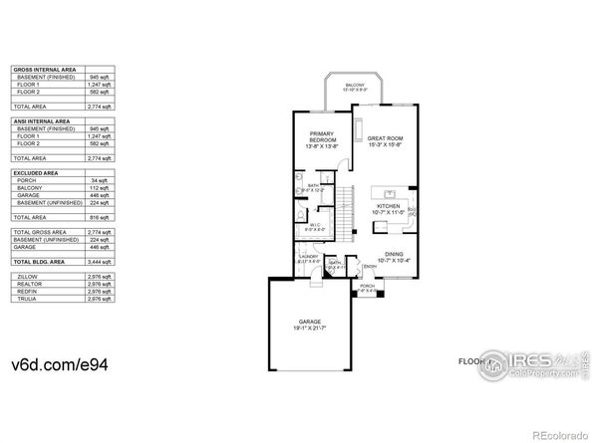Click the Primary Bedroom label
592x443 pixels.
[322, 137]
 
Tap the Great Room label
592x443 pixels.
[384, 140]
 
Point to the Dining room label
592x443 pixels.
[395, 255]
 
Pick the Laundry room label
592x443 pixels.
[308, 259]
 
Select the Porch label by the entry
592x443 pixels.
[367, 288]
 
